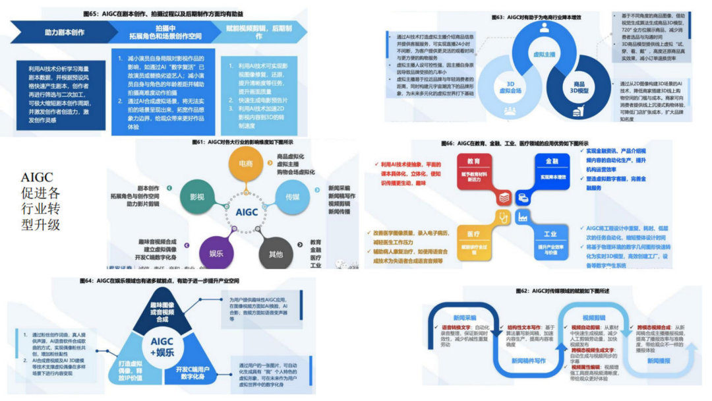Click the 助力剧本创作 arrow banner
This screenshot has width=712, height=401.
pyautogui.click(x=64, y=32)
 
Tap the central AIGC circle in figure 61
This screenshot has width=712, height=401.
pyautogui.click(x=246, y=212)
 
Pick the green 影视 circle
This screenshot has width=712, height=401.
pyautogui.click(x=197, y=196)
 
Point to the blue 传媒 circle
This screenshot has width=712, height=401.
pyautogui.click(x=293, y=197)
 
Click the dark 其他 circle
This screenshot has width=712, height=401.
pyautogui.click(x=276, y=254)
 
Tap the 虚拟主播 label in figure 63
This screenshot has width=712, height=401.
pyautogui.click(x=543, y=55)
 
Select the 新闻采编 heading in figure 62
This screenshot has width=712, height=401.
pyautogui.click(x=464, y=317)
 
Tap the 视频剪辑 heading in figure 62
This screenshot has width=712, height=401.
pyautogui.click(x=593, y=317)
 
